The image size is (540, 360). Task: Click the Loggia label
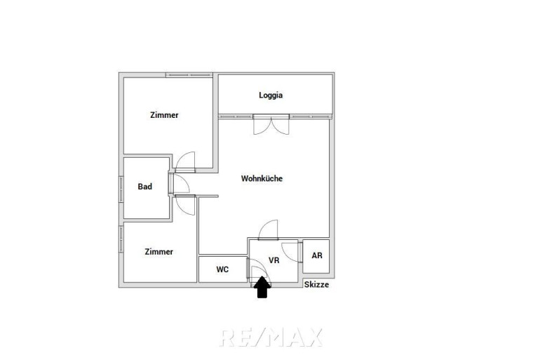pos(271,95)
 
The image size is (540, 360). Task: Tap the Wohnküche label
pos(262,178)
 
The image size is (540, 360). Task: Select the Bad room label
pos(144,187)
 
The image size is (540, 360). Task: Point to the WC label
pos(222,269)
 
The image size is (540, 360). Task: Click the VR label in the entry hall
pos(274,260)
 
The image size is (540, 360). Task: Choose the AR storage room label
pos(317,255)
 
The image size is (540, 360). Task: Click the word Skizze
pos(316,284)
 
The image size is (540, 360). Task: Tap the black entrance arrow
pos(262,287)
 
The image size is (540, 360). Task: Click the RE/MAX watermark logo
pos(271,338)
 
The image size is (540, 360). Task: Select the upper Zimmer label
pos(164,115)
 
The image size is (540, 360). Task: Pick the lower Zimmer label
pos(158,252)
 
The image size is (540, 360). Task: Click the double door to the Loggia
pos(271,125)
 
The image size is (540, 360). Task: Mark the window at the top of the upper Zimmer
pos(189,75)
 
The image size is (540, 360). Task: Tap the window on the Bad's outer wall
pos(121,189)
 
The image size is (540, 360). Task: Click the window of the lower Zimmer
pos(121,239)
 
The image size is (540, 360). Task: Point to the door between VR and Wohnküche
pos(268,229)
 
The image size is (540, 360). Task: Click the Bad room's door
pos(179,184)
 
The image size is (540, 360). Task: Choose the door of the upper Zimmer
pos(185,162)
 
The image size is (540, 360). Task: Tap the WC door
pos(256,268)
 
